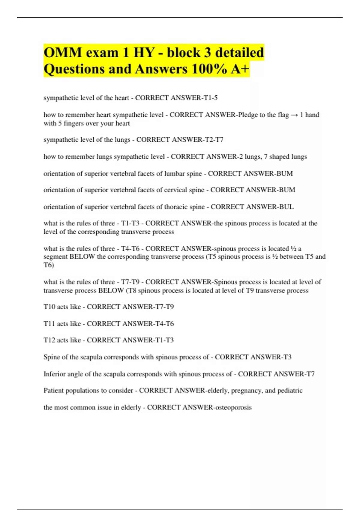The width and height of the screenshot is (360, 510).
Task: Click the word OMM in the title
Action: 63,53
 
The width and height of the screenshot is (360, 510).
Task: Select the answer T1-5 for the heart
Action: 211,98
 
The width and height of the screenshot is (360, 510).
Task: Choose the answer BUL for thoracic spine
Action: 286,207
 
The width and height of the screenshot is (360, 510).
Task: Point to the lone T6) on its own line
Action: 49,265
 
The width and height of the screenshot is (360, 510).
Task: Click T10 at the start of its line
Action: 49,307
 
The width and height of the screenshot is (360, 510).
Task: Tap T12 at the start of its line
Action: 49,340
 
